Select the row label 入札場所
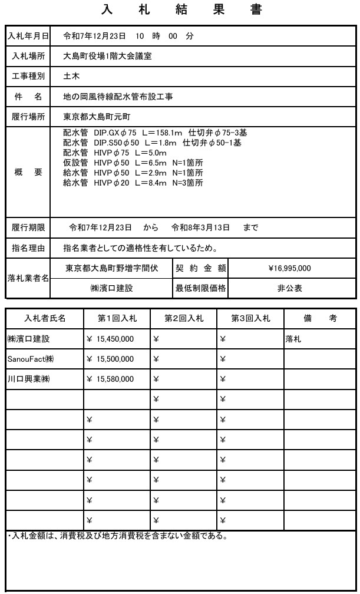click(28, 57)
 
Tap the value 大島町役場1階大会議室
click(111, 57)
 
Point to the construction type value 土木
click(72, 76)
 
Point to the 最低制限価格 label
click(200, 289)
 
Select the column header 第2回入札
click(184, 318)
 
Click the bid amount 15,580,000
click(114, 379)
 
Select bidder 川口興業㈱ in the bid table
click(28, 379)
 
